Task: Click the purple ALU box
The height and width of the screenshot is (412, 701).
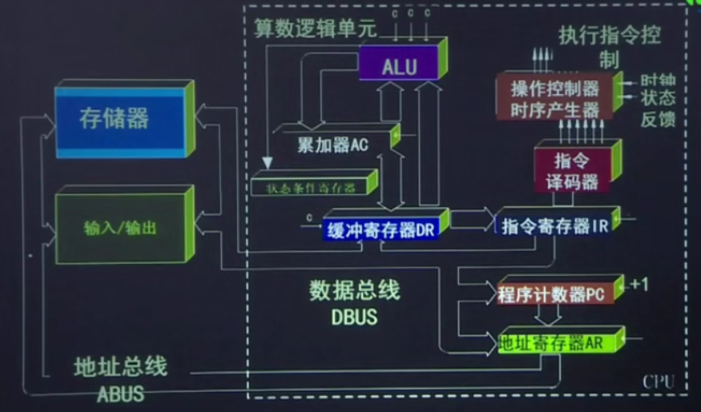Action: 399,65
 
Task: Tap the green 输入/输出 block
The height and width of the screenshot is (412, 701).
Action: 121,228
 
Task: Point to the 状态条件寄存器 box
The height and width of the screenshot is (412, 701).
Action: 315,186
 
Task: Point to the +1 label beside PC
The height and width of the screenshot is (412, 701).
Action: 640,284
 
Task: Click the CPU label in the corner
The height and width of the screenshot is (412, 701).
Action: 657,381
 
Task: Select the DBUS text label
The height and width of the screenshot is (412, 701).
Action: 354,317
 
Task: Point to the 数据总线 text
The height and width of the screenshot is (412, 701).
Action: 355,290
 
